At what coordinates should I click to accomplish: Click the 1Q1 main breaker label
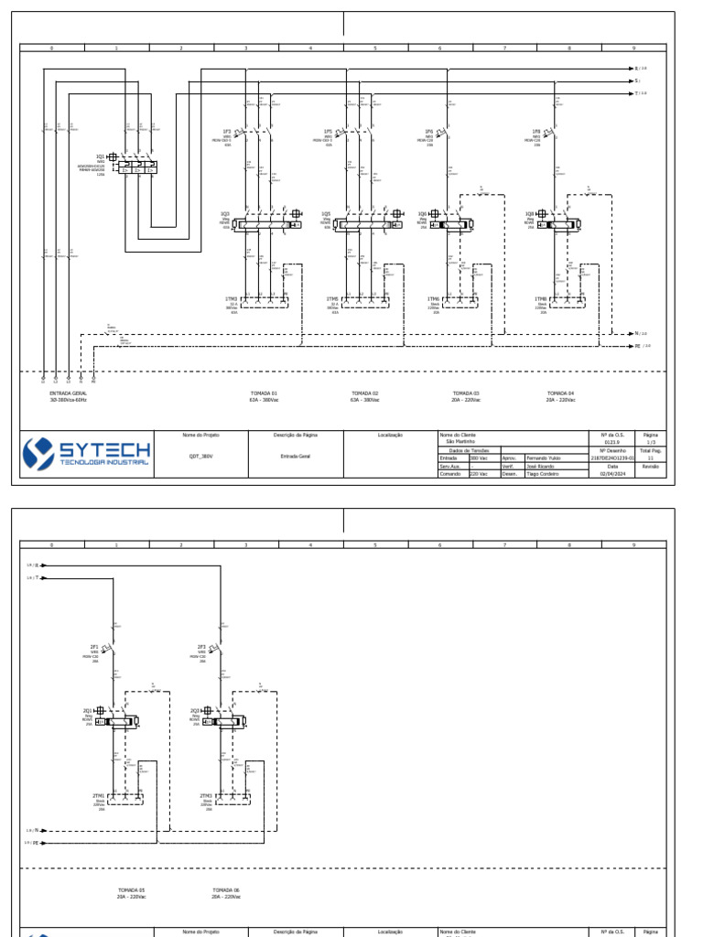100,156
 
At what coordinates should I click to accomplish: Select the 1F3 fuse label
228,132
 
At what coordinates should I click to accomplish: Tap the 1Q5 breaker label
326,214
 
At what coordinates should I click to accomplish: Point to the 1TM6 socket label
434,298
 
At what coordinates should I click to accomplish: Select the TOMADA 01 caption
264,393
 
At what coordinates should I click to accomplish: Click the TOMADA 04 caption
560,393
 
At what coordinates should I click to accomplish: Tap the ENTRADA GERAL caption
69,393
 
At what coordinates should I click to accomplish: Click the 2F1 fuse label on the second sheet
94,647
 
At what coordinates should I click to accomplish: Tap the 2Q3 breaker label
195,710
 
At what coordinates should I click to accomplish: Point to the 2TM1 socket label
99,795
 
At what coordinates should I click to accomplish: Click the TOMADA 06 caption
225,889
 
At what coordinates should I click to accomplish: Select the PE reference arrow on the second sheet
37,842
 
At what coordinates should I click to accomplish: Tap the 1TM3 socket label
231,298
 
